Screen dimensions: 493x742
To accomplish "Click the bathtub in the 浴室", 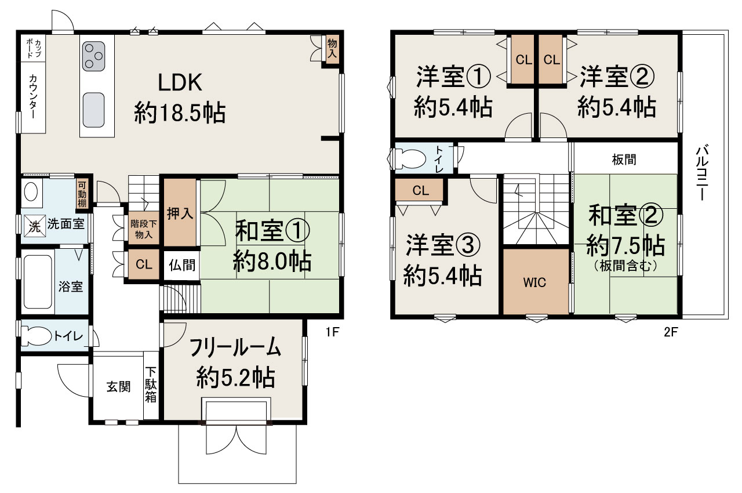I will (38, 284).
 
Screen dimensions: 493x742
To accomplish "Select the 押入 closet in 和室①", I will (180, 213).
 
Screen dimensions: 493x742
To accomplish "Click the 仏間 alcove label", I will (181, 266).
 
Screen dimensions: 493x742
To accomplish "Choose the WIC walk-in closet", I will (535, 282).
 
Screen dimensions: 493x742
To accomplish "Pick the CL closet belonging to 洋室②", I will (552, 60).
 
